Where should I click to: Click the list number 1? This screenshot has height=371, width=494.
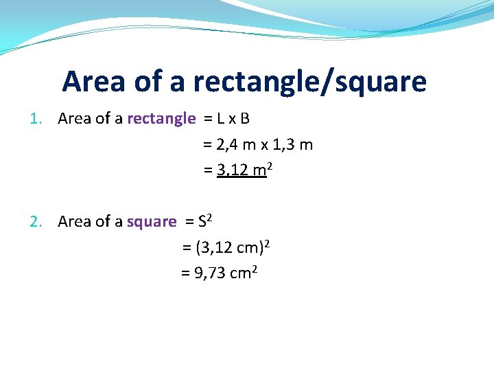point(36,119)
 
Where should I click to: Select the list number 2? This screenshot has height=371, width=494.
point(36,222)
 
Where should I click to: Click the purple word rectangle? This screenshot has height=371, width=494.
point(161,119)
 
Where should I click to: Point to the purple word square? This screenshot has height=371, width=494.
point(152,222)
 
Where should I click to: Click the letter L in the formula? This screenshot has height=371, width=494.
point(220,119)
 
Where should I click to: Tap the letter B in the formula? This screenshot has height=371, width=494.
point(245,119)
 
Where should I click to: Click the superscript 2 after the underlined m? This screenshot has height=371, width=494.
point(271,166)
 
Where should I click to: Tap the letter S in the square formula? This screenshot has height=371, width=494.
point(202,222)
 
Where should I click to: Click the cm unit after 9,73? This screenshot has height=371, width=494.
point(240,273)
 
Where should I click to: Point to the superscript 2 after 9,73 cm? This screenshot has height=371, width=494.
point(255,269)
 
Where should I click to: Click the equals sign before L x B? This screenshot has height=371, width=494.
point(208,119)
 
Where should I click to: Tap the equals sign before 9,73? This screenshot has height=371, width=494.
point(185,273)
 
